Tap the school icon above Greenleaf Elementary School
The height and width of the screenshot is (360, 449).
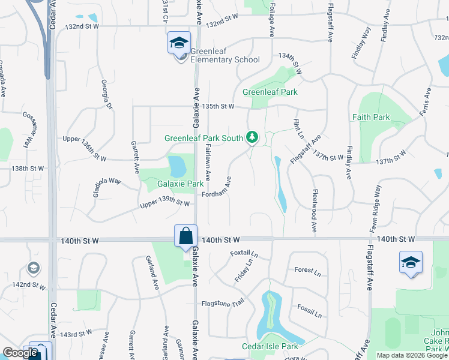178,43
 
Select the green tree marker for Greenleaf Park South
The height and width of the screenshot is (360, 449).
253,138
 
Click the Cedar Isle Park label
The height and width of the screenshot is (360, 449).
270,346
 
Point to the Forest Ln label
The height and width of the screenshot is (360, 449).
308,271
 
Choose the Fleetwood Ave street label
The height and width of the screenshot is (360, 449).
315,211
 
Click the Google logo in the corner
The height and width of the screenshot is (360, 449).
20,353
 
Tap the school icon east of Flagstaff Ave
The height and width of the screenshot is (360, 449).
411,262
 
